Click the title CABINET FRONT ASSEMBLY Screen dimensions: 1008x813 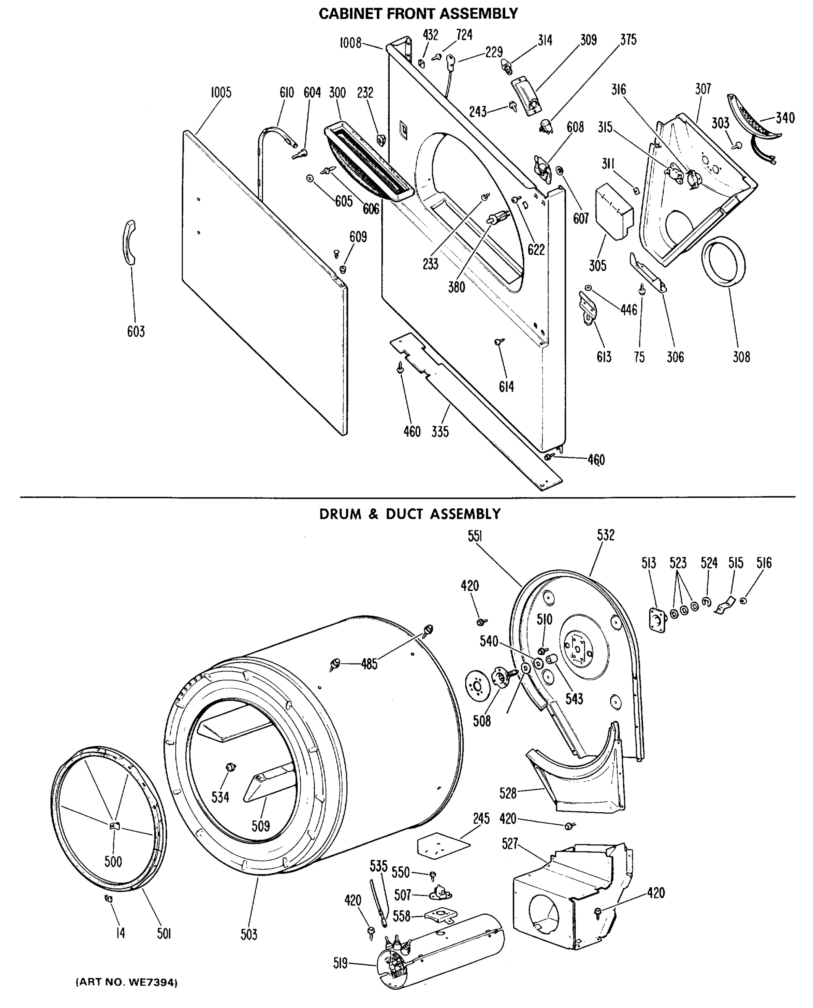click(418, 13)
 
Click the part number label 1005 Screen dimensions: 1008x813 click(220, 93)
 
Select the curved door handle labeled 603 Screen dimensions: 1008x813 click(127, 242)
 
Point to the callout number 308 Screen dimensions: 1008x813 click(741, 357)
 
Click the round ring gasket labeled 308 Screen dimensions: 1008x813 click(723, 261)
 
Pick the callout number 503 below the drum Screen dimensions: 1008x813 click(249, 934)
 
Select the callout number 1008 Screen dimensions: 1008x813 click(350, 43)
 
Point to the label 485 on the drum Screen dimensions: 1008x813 click(369, 664)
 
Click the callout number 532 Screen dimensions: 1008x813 click(605, 535)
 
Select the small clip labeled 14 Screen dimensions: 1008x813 click(109, 898)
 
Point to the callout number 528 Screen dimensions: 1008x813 click(508, 793)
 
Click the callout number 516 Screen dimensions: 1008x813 click(764, 563)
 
